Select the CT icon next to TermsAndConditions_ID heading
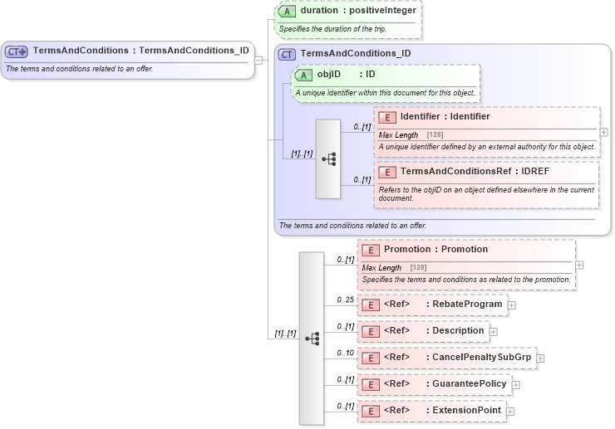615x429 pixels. tap(288, 54)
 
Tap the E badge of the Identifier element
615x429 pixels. tap(387, 117)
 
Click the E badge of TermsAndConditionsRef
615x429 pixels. tap(387, 172)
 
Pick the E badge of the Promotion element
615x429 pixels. tap(371, 250)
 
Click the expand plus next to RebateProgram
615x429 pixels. tap(512, 305)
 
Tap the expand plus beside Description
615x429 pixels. tap(494, 332)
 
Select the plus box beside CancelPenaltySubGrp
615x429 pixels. tap(541, 358)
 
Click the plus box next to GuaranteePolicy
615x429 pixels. tap(516, 385)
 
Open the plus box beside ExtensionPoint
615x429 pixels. tap(510, 412)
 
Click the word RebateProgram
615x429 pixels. tap(467, 305)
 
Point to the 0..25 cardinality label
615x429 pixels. tap(345, 299)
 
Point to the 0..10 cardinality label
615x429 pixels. tap(345, 352)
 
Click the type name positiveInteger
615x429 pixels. tap(381, 12)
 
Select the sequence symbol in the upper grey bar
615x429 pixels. tap(328, 158)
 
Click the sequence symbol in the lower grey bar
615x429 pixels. tap(312, 339)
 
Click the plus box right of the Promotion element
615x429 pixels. tap(579, 266)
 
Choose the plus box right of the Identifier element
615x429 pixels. tap(603, 132)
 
